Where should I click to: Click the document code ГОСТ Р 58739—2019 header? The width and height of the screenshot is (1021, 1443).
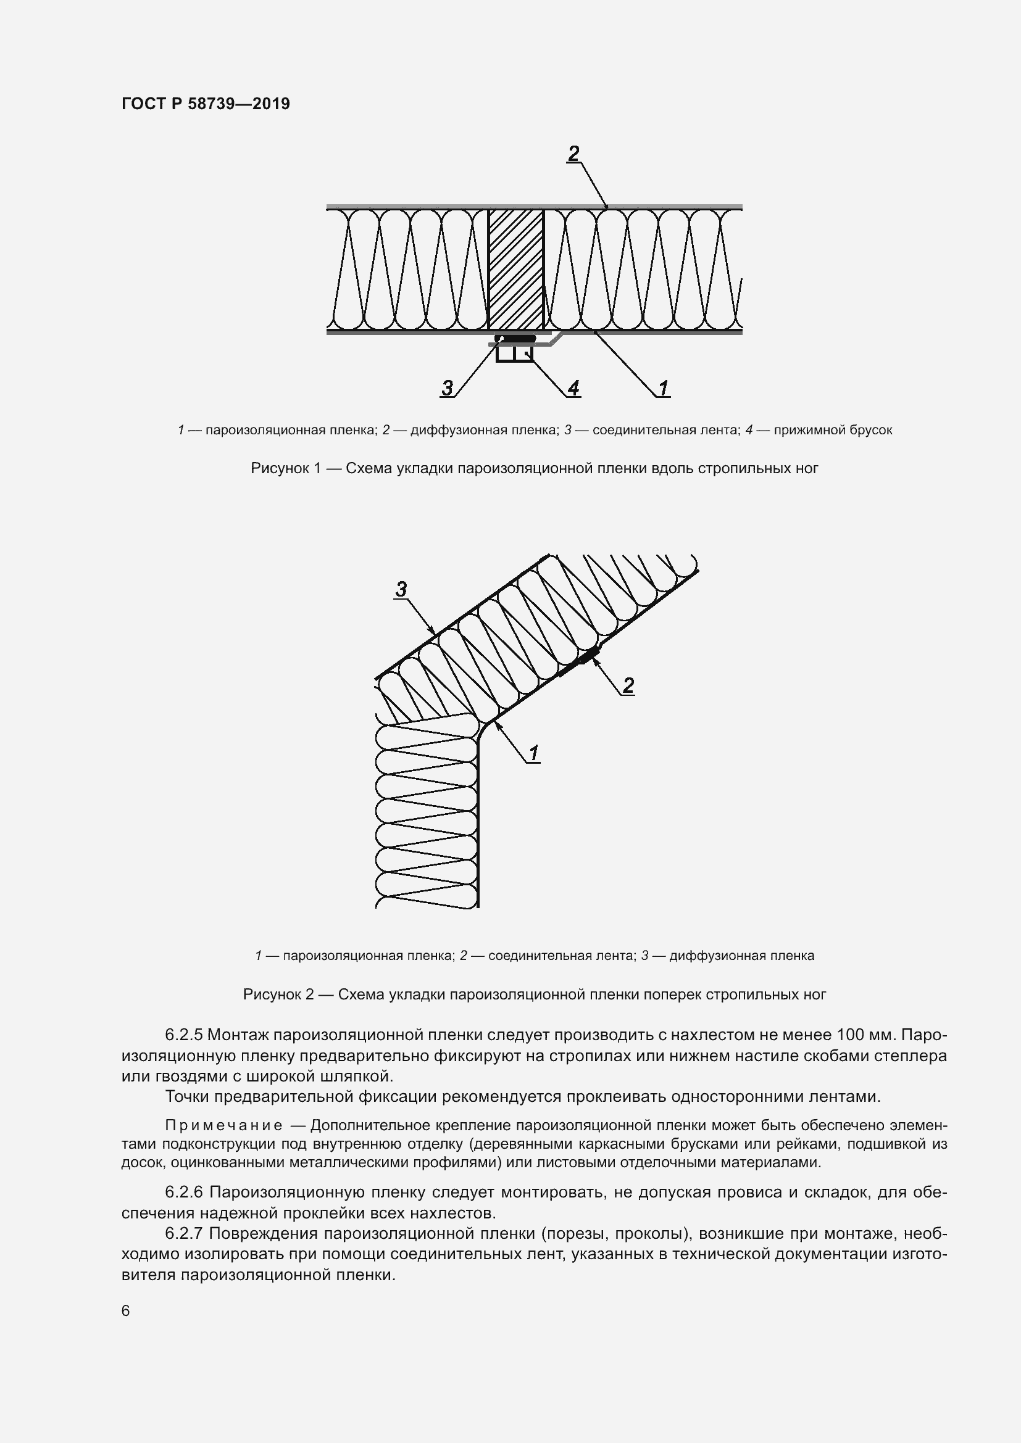coord(206,104)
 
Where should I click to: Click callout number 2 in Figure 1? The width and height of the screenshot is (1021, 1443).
coord(573,154)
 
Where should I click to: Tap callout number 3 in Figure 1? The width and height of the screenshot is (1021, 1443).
coord(447,388)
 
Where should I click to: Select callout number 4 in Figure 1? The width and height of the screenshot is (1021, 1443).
coord(573,388)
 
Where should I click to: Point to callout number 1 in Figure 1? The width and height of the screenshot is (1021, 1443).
coord(663,388)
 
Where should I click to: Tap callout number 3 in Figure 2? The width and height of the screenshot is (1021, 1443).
coord(401,590)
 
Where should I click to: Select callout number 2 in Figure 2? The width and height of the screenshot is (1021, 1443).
coord(627,685)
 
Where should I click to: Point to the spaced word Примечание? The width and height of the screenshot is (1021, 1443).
coord(223,1125)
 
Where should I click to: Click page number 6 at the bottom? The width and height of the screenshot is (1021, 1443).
coord(126,1310)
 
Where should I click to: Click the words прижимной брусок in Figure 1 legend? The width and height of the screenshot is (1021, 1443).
coord(832,431)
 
